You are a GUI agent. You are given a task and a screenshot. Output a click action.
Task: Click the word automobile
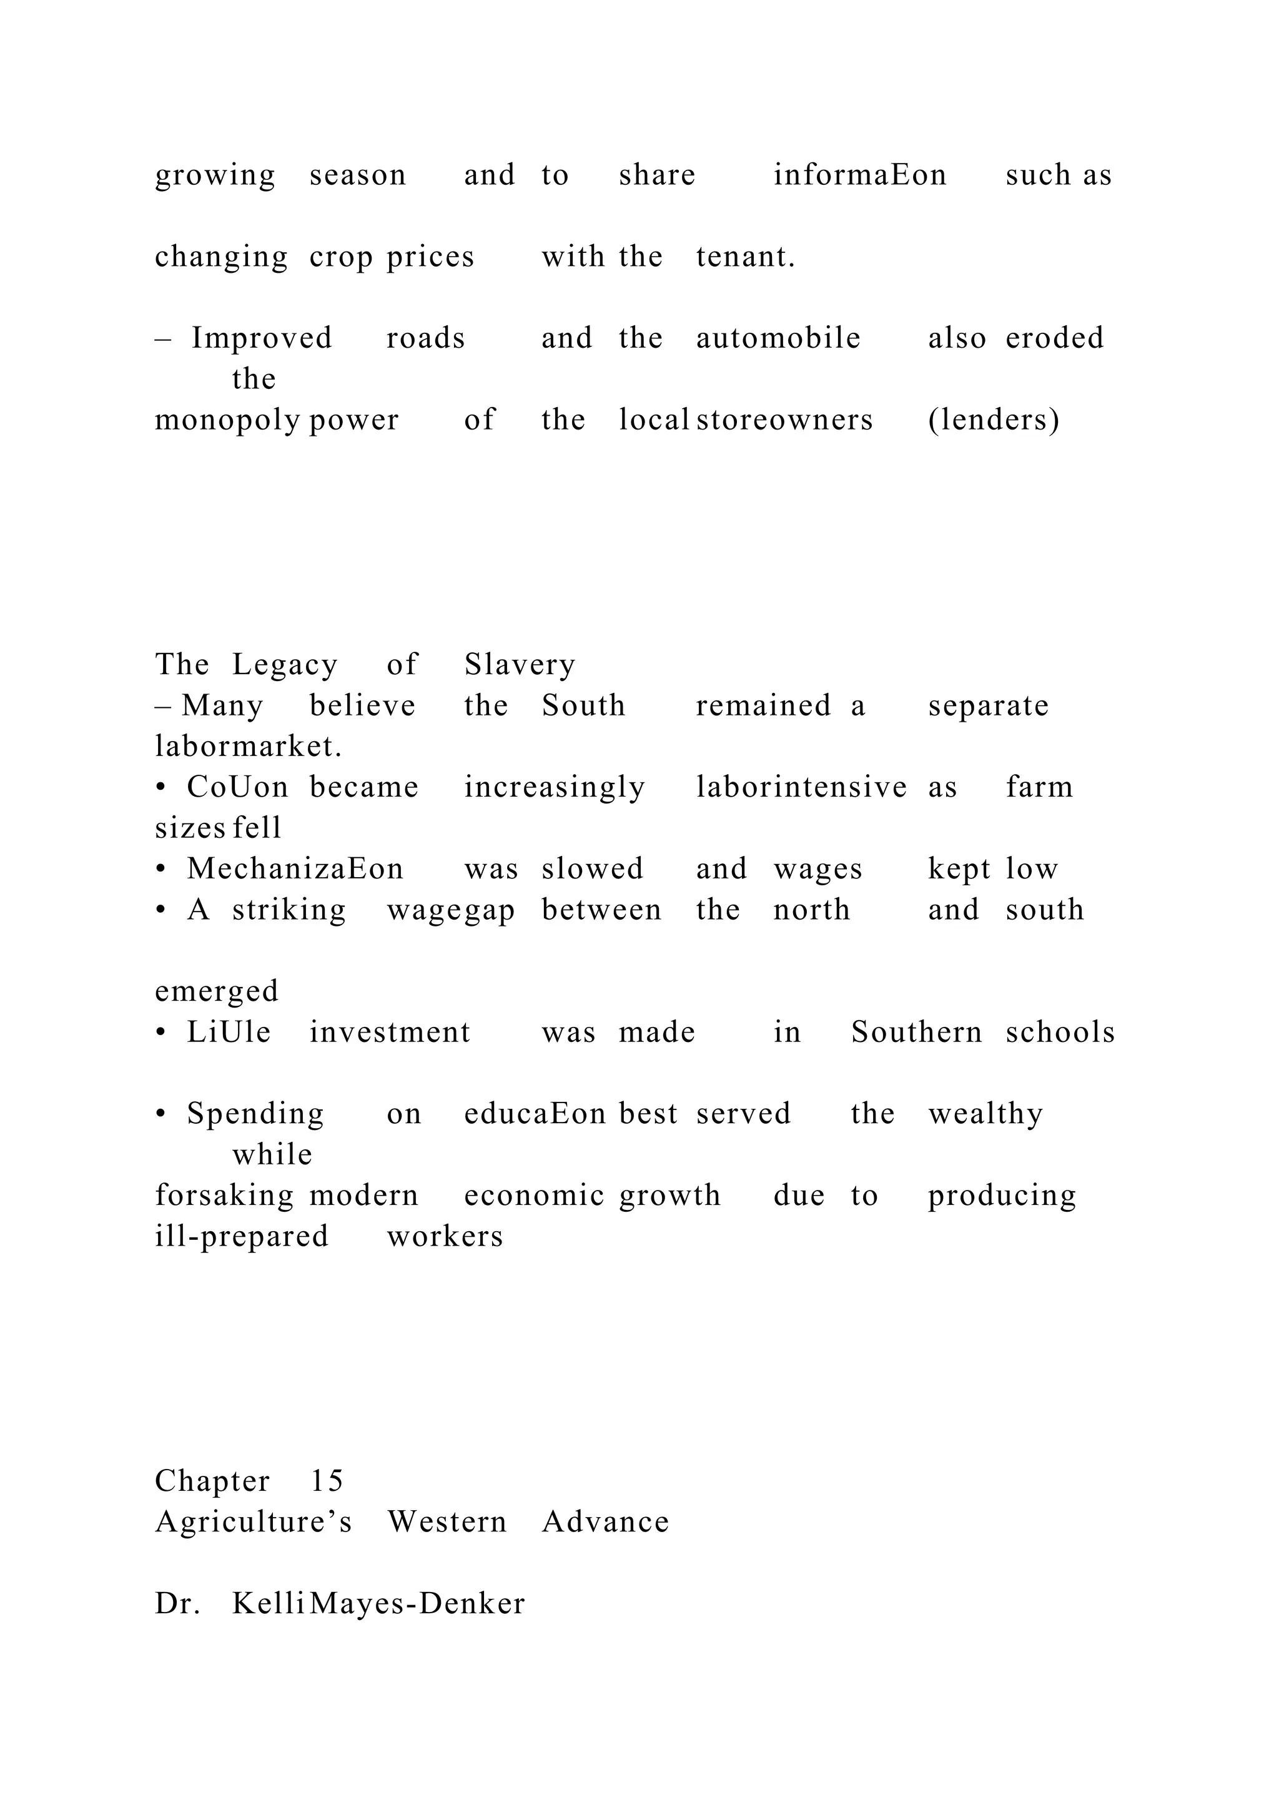click(778, 338)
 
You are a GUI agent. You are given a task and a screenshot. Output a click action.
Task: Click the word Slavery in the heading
click(520, 666)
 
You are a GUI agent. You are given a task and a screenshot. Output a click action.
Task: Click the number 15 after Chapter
click(327, 1481)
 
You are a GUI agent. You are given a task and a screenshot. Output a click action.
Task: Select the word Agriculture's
click(254, 1522)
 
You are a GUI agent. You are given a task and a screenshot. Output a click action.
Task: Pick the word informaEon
click(860, 175)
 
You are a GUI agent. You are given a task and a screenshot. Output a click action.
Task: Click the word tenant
click(745, 257)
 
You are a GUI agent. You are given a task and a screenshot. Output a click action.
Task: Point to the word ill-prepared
click(242, 1236)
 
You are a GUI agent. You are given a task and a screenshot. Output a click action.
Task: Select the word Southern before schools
click(917, 1033)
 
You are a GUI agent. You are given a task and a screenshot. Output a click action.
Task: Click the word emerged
click(217, 991)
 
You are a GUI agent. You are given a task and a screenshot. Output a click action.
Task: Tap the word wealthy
click(986, 1114)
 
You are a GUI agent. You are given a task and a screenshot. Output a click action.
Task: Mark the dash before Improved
click(163, 338)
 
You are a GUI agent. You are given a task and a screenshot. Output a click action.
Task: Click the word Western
click(447, 1522)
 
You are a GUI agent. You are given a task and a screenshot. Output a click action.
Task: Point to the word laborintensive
click(802, 787)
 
